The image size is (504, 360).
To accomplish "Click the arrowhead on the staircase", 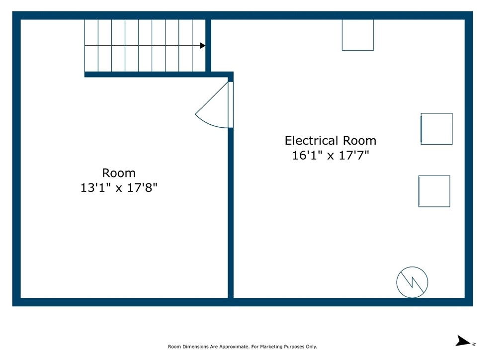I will click(x=202, y=46).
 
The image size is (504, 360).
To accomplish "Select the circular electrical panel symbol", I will click(x=412, y=282).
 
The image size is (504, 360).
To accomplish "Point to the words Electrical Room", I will click(x=330, y=140).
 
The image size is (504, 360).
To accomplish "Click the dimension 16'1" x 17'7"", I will click(x=330, y=155).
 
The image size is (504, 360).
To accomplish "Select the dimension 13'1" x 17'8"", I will click(x=119, y=188).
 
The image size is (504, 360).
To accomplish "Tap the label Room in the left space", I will click(x=119, y=173).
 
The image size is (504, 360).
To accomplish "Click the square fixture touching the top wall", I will click(x=357, y=35).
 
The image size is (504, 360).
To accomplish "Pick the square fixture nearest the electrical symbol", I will click(x=434, y=191).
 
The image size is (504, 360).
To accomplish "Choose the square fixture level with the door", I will click(x=436, y=129).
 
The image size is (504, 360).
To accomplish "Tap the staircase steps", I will click(x=144, y=45).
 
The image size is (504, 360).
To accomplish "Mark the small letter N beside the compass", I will click(x=474, y=344).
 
